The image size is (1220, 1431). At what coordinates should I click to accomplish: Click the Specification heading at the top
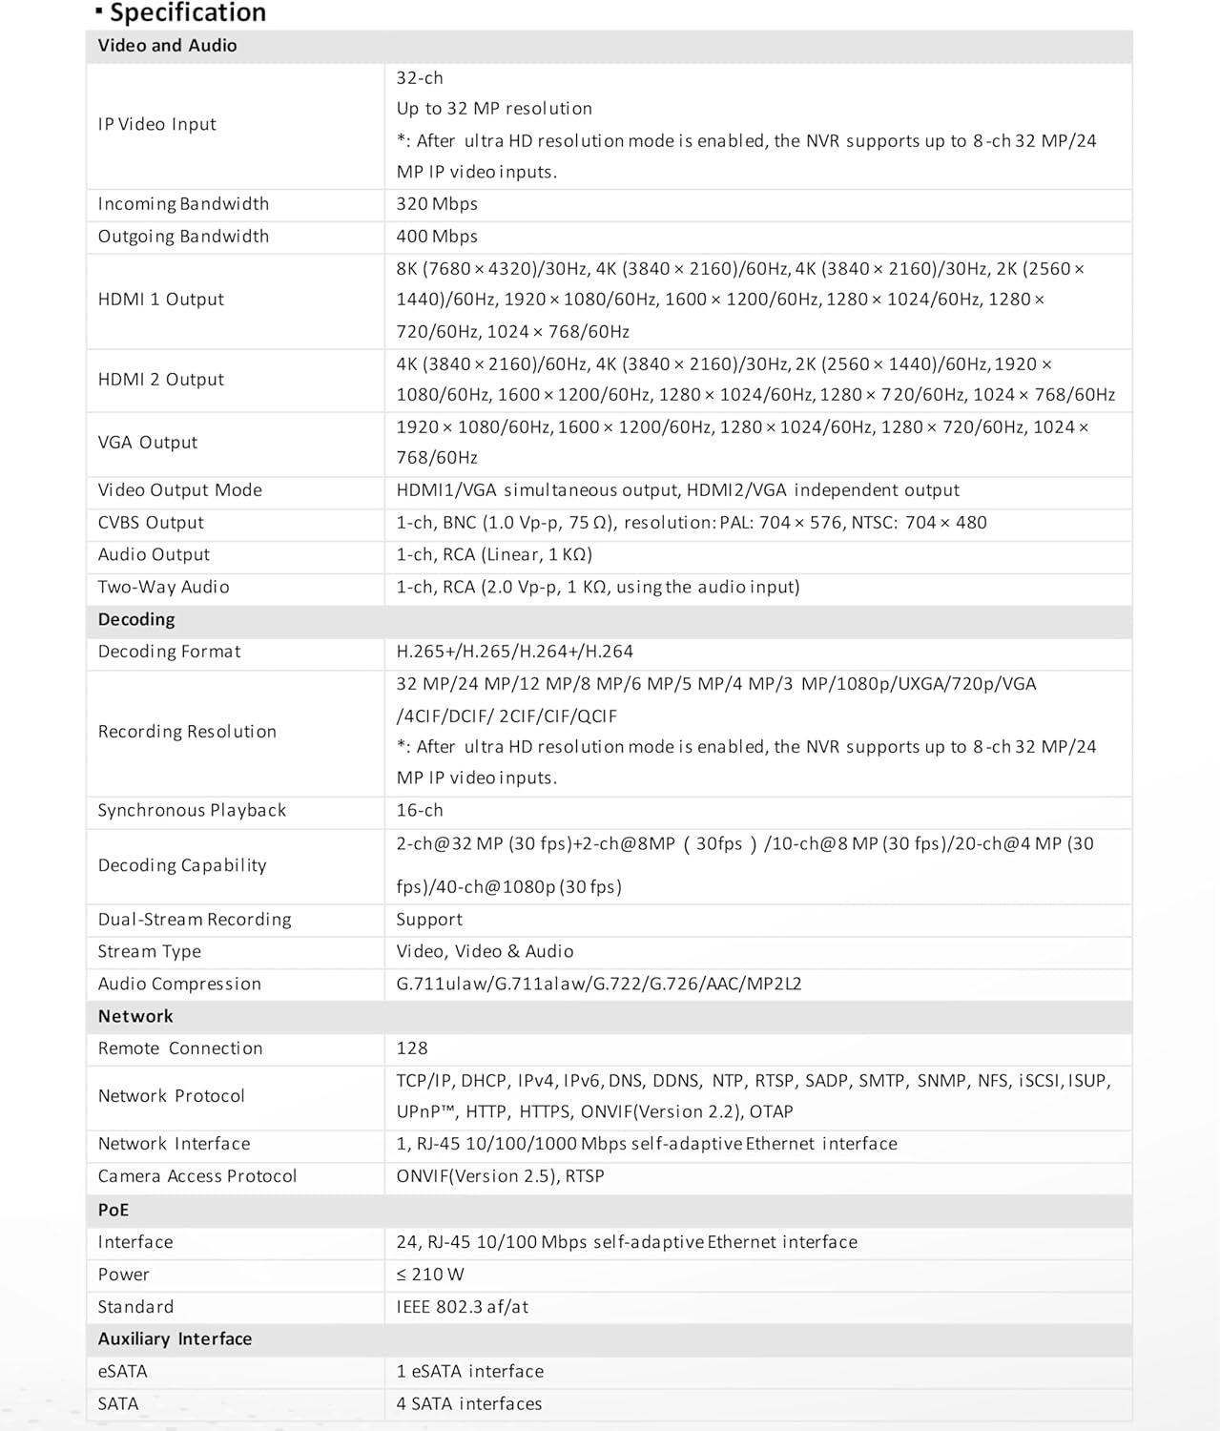point(187,13)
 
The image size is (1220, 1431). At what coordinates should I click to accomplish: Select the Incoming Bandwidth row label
point(183,204)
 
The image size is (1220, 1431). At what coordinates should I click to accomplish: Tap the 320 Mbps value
point(437,204)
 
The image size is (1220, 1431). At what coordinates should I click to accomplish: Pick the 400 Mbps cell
point(437,237)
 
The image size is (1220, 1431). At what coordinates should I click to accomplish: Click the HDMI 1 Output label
point(160,300)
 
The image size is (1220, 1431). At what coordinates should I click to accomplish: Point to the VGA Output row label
point(148,443)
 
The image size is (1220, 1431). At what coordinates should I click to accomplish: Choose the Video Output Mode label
point(179,490)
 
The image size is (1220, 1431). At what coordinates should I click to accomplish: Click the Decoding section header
point(136,620)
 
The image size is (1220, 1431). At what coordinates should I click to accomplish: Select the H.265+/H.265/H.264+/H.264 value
point(515,652)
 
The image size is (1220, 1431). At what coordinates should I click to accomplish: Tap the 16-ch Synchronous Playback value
point(420,811)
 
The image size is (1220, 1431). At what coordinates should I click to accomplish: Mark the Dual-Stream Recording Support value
point(429,920)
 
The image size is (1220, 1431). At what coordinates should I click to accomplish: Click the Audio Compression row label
point(179,985)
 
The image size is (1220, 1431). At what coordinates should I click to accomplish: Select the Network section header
point(135,1017)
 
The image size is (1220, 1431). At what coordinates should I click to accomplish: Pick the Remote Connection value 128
point(412,1048)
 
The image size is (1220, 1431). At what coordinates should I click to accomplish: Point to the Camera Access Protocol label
point(197,1176)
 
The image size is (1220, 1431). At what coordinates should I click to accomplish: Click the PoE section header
point(114,1211)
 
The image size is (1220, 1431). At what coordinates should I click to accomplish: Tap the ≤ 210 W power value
point(430,1275)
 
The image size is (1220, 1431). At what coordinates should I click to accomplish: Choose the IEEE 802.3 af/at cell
point(463,1307)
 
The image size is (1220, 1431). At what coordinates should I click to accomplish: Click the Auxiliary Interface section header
point(175,1339)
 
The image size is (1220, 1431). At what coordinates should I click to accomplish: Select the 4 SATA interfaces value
point(469,1404)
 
